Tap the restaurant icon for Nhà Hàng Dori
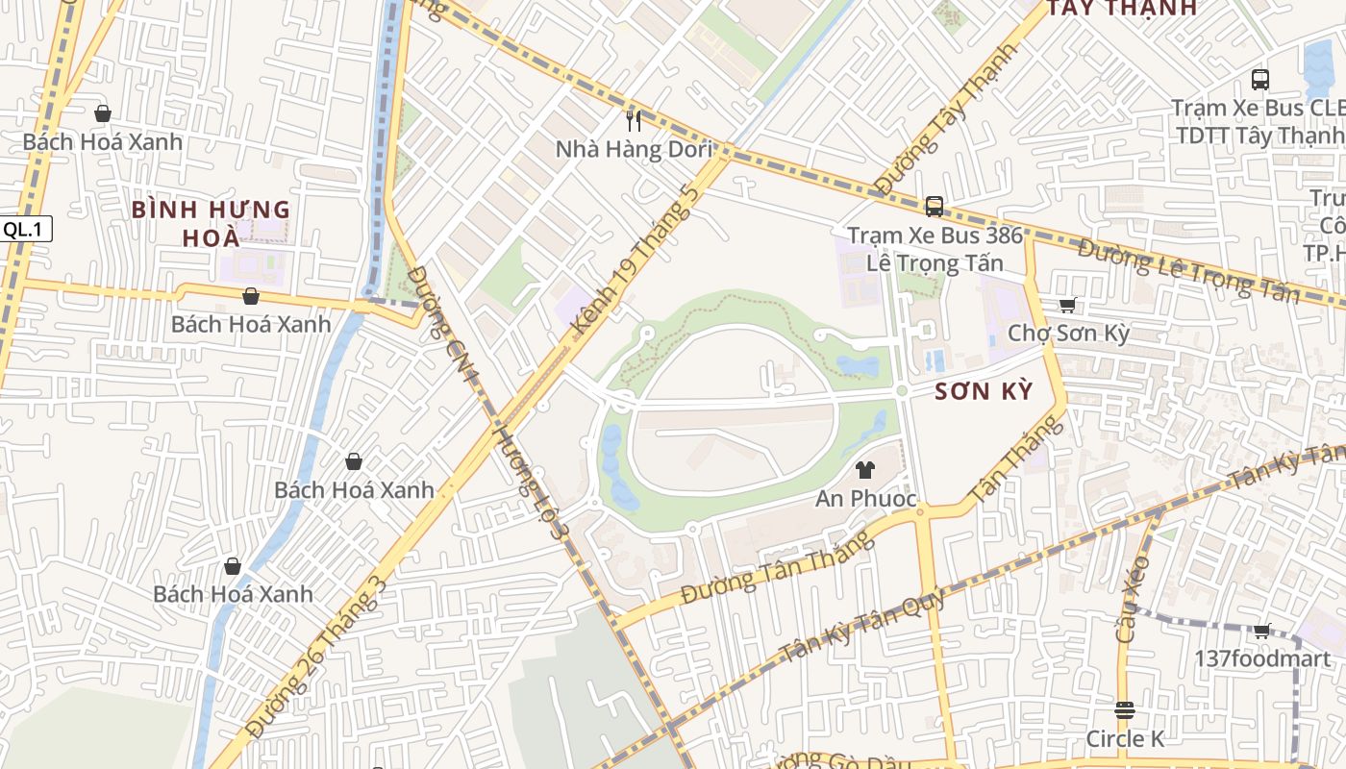pos(633,120)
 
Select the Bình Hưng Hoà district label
pos(211,223)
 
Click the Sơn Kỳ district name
pos(984,391)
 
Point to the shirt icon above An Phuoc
pos(864,470)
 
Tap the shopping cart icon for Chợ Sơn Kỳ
pos(1067,305)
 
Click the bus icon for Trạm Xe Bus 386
pos(934,206)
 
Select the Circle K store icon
pos(1124,710)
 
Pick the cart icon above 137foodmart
pos(1261,631)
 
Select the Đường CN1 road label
pos(442,325)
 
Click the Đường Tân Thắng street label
pos(778,568)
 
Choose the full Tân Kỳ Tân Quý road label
pos(862,626)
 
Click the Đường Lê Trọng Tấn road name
pos(1188,269)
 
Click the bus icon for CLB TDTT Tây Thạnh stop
pos(1259,79)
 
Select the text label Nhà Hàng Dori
pos(635,149)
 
